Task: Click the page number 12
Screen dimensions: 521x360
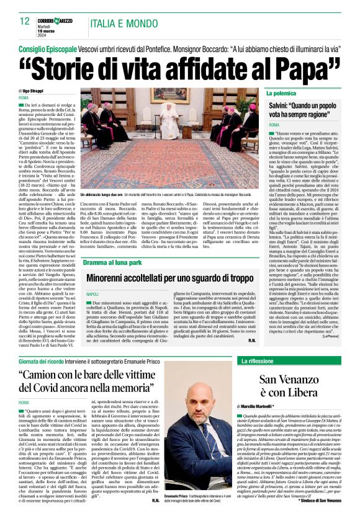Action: click(24, 20)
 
